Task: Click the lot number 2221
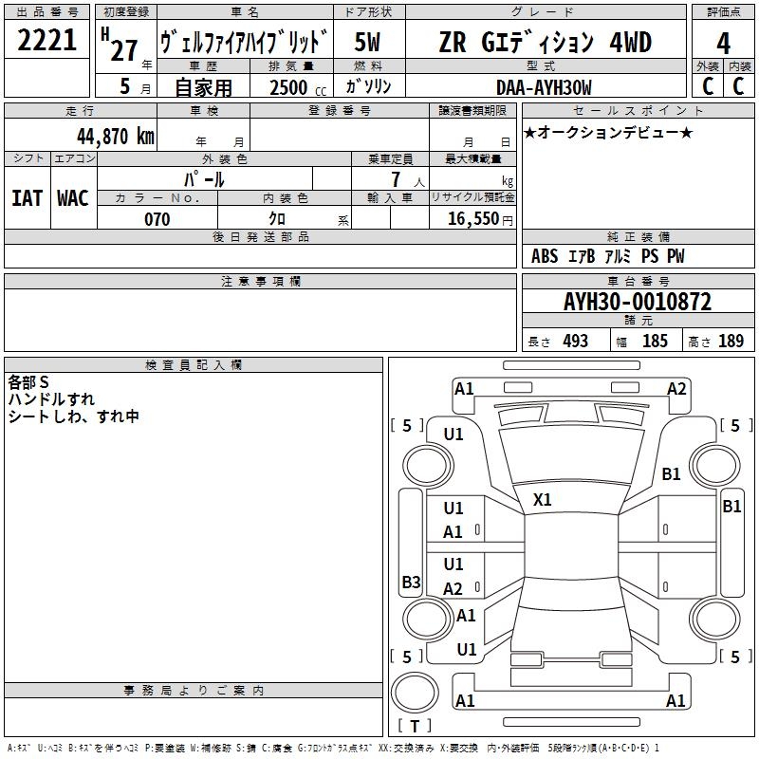click(47, 40)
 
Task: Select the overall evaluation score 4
click(723, 44)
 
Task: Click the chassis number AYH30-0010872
click(637, 303)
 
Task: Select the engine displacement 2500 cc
click(292, 87)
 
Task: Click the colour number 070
click(157, 219)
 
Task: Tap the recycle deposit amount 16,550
click(473, 219)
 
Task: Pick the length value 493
click(575, 342)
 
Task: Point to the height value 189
click(731, 342)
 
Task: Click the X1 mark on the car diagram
click(543, 499)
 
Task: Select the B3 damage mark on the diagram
click(411, 583)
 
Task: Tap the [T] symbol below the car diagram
click(415, 727)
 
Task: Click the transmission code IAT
click(27, 198)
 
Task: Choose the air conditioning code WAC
click(73, 198)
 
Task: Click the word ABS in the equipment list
click(545, 256)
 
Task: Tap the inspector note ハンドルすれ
click(51, 399)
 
